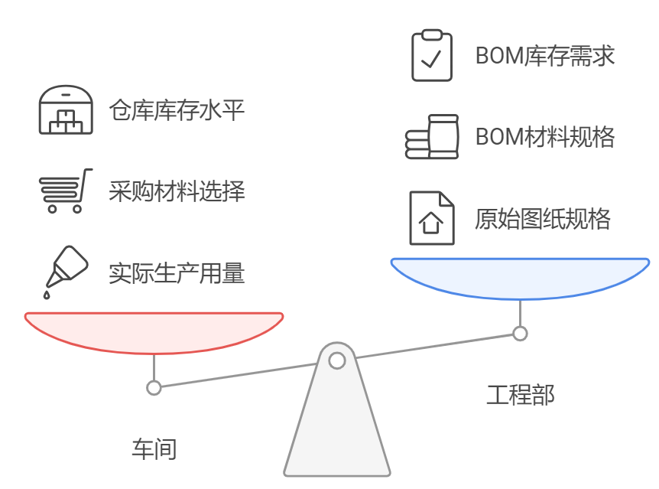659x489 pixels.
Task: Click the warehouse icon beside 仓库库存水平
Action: tap(66, 111)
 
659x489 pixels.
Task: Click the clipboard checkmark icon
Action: tap(432, 55)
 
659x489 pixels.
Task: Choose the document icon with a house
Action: tap(432, 219)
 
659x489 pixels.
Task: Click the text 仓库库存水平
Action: tap(177, 111)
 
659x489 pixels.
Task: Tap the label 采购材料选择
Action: tap(177, 191)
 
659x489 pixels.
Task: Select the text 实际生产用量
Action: tap(177, 272)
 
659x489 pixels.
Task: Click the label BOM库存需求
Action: tap(545, 56)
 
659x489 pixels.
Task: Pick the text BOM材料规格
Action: tap(545, 137)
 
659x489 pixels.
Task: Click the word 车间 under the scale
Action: tap(154, 448)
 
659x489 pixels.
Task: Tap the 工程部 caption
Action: tap(521, 395)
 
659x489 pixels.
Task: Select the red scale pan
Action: tap(154, 331)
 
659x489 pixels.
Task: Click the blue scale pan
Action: tap(520, 277)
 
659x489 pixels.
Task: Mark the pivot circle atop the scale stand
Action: tap(336, 359)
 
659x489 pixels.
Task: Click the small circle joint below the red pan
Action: tap(154, 387)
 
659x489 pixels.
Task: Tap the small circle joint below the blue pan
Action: tap(520, 333)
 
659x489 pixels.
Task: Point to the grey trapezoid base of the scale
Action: tap(336, 436)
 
